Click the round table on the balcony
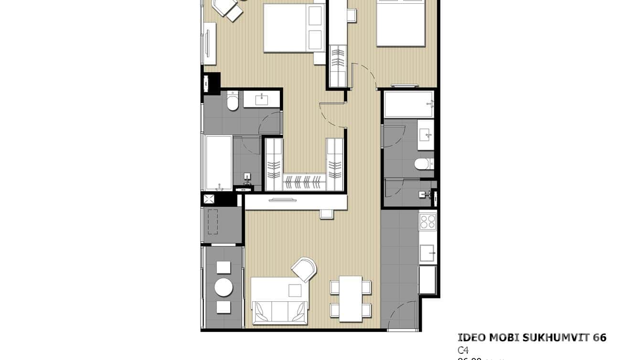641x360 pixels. click(x=224, y=287)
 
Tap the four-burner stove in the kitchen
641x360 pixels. click(x=427, y=221)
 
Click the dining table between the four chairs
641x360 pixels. click(x=351, y=298)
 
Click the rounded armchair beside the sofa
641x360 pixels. click(x=305, y=269)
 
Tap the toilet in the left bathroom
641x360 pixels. click(x=233, y=102)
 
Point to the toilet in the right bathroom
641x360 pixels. click(x=422, y=164)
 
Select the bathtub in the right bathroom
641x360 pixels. click(x=409, y=104)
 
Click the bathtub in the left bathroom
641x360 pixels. click(x=218, y=163)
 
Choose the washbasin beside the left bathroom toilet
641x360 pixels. click(x=261, y=100)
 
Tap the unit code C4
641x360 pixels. click(x=463, y=351)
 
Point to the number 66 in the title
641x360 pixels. click(x=599, y=338)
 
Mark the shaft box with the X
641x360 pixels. click(x=209, y=199)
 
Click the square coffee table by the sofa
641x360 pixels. click(x=295, y=290)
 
